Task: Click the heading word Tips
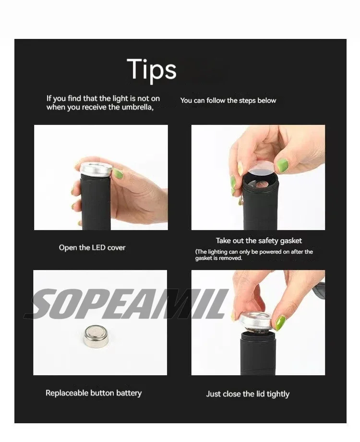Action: coord(152,70)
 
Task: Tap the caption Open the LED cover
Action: coord(92,247)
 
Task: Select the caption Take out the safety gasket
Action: coord(259,241)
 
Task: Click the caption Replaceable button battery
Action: coord(94,393)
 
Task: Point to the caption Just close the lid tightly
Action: coord(248,394)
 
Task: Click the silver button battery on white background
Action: coord(96,335)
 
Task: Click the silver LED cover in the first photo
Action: coord(96,170)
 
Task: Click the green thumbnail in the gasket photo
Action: coord(282,165)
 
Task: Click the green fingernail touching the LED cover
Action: coord(118,174)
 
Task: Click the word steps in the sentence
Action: coord(247,100)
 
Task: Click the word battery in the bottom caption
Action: coord(129,393)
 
